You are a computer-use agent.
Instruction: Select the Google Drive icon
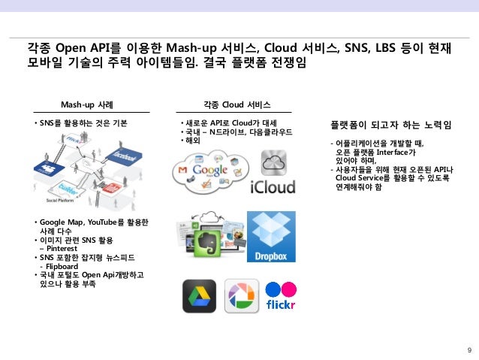tap(199, 295)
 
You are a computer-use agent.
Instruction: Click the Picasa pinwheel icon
tap(241, 295)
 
